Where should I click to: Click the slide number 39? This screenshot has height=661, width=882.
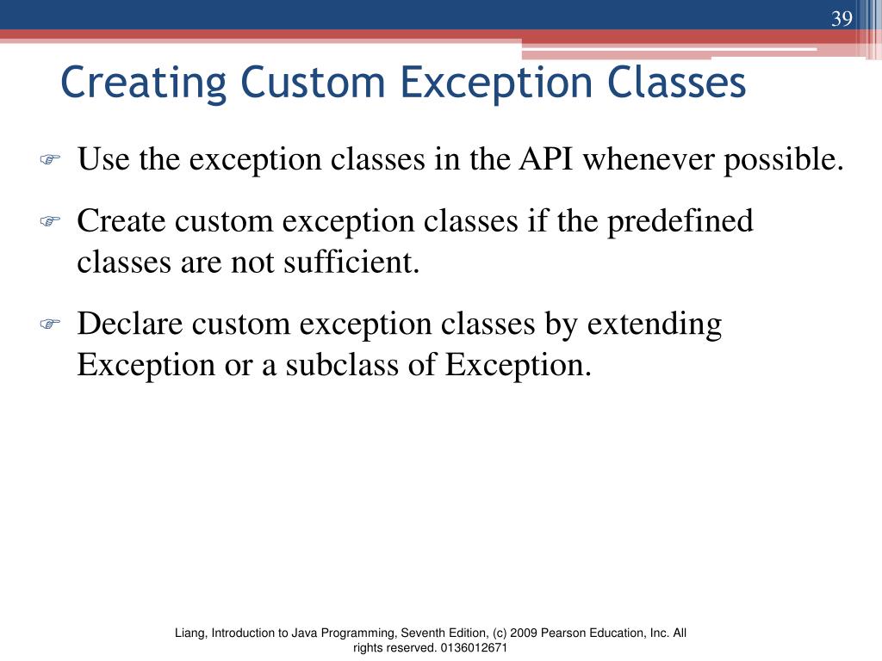842,19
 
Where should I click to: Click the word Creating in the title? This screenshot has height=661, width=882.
144,83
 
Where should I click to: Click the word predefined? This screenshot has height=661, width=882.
680,222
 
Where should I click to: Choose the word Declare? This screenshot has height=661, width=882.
129,324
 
